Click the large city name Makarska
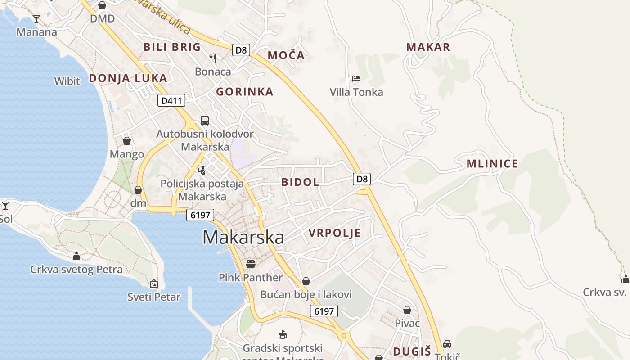pos(243,237)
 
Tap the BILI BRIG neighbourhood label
pos(172,47)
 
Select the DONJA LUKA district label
pos(128,78)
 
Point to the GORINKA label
pos(245,92)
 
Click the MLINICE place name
pos(492,163)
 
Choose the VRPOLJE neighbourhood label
pos(335,233)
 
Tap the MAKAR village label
pos(428,47)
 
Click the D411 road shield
pos(171,101)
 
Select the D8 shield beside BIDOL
pos(362,179)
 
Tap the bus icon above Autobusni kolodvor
pos(205,120)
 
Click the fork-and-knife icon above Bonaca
pos(213,58)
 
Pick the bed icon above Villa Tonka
pos(356,79)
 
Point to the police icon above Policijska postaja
pos(202,170)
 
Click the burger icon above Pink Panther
pos(251,264)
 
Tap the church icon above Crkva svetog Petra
pos(76,256)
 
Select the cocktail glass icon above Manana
pos(36,18)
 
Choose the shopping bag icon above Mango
pos(127,141)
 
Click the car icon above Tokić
pos(447,344)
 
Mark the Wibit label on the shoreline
pos(67,81)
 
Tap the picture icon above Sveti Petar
pos(154,283)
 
